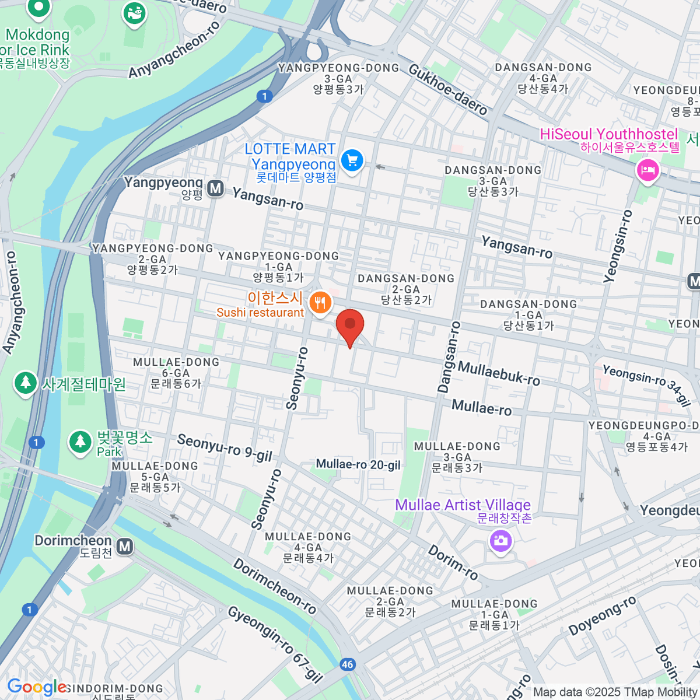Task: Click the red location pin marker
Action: [x=350, y=325]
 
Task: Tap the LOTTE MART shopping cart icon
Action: [x=352, y=160]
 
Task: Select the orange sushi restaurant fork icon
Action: [x=320, y=302]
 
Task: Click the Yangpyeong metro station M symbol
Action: [x=216, y=188]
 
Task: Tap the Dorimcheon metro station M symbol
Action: [x=124, y=547]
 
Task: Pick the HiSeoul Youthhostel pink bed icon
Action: [x=648, y=171]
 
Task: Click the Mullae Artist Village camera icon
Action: [x=501, y=540]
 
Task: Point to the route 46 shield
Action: [x=348, y=664]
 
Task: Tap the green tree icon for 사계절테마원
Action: [x=25, y=383]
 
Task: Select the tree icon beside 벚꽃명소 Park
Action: [x=79, y=442]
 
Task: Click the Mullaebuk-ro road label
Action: [x=499, y=373]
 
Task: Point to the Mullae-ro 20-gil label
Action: [x=358, y=464]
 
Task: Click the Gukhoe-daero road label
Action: [x=447, y=89]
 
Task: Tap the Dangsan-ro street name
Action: [x=447, y=357]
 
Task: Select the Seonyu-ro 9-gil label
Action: [x=225, y=447]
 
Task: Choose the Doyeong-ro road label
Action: [x=602, y=616]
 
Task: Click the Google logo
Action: [x=36, y=687]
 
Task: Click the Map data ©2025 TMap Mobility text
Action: [x=615, y=692]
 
